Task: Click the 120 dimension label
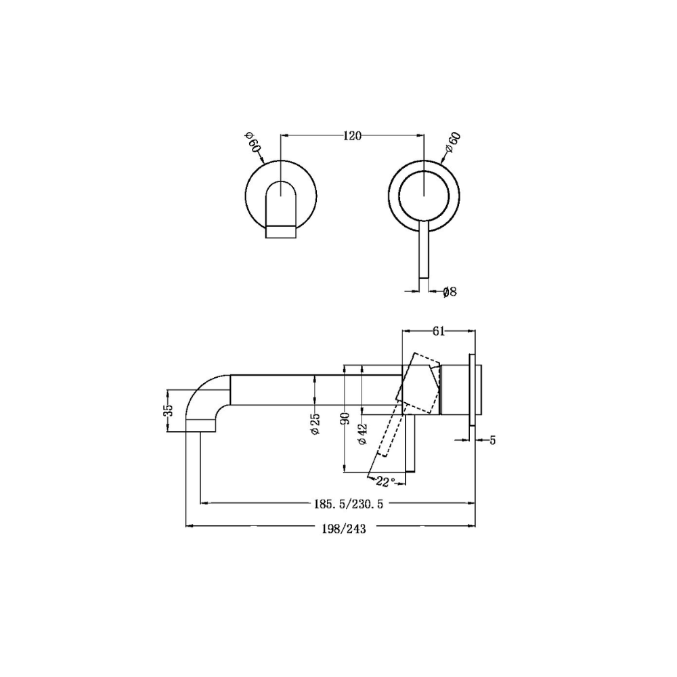[351, 135]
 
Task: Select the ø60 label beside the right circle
[452, 145]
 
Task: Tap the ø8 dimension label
[450, 292]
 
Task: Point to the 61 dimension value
[438, 331]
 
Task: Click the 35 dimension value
[169, 410]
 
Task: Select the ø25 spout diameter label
[315, 422]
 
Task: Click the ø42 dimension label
[362, 433]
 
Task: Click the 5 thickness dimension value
[492, 440]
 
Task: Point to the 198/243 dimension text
[345, 529]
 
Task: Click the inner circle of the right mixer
[424, 195]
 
